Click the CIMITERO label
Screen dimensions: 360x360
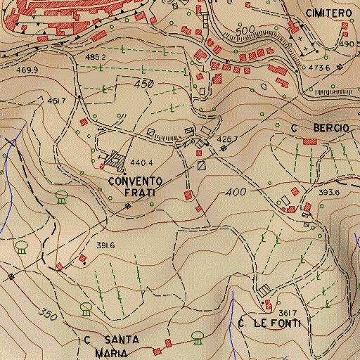328,13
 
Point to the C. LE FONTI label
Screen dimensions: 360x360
269,323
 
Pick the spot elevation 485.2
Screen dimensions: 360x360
95,56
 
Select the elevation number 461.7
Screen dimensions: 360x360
56,101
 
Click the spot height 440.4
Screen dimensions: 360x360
142,161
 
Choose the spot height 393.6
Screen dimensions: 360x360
329,192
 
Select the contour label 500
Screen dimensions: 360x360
244,32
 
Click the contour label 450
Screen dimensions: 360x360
143,84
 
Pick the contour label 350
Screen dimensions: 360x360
47,312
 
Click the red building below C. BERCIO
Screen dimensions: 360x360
309,141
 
